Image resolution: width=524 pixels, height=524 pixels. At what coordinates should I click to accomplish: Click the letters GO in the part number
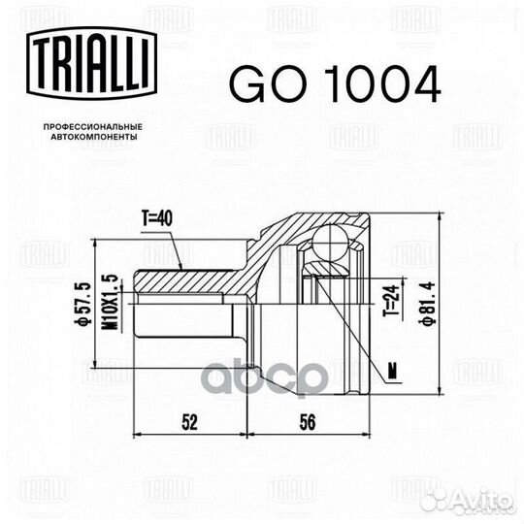point(256,84)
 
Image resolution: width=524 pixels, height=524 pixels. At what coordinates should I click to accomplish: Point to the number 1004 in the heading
point(373,84)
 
